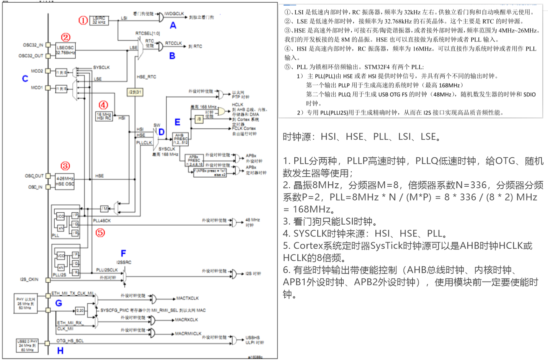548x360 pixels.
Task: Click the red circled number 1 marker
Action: tap(83, 20)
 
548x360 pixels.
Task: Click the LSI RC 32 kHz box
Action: tap(99, 20)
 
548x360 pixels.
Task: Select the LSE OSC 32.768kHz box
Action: tap(65, 50)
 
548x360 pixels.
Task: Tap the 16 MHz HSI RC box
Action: tap(104, 116)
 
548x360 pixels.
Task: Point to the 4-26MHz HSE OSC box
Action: tap(65, 181)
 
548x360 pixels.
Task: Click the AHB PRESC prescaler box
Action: tap(180, 139)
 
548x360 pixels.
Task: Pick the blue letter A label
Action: tap(173, 26)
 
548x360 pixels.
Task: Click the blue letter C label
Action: tap(25, 78)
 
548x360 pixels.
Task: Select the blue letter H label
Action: tap(60, 350)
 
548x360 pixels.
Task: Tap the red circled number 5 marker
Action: tap(100, 233)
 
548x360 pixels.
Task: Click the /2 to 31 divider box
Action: tap(135, 92)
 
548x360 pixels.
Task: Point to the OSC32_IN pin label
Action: tap(33, 45)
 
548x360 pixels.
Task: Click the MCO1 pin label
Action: tap(37, 88)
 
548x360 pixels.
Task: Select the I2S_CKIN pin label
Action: tap(29, 279)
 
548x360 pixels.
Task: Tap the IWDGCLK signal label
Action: tap(174, 14)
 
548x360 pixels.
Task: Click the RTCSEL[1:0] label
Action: tap(147, 34)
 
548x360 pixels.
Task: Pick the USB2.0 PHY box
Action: tap(27, 345)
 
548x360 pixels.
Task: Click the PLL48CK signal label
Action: tap(102, 221)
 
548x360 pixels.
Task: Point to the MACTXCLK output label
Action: tap(187, 298)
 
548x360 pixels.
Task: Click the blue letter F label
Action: tap(123, 253)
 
